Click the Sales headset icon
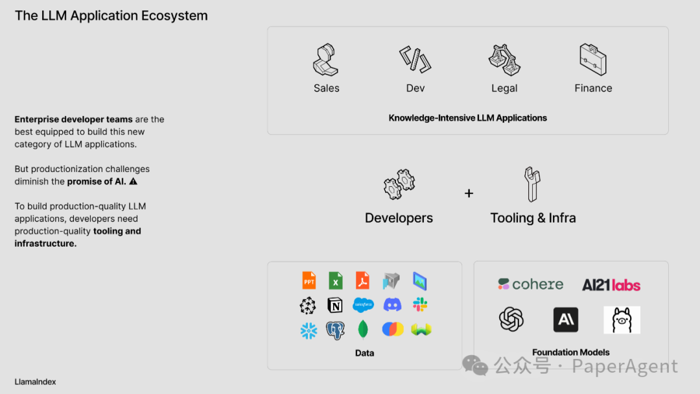326,60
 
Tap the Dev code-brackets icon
415,60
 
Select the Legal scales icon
504,60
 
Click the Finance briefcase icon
593,59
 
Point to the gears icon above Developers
399,184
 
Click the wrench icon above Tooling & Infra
533,184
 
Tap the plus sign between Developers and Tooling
469,193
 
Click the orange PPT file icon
309,280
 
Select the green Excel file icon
335,280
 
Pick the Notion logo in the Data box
335,305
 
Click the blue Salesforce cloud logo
364,305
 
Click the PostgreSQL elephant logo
335,330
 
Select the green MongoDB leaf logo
363,329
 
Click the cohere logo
531,284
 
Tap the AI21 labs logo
611,285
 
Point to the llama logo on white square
622,320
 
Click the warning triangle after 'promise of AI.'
134,182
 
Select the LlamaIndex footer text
36,382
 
